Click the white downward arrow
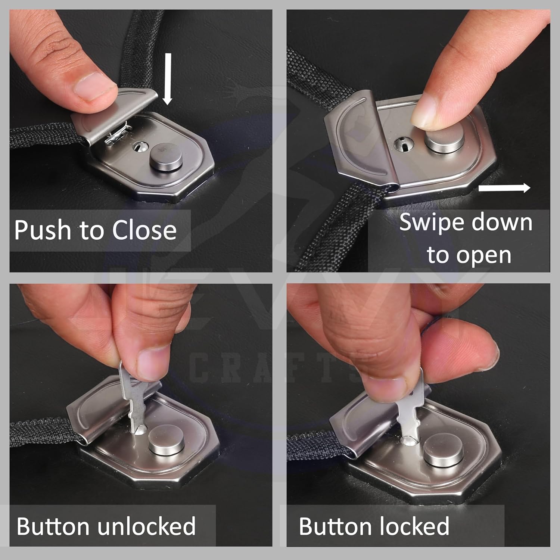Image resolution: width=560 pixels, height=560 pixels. point(168,79)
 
